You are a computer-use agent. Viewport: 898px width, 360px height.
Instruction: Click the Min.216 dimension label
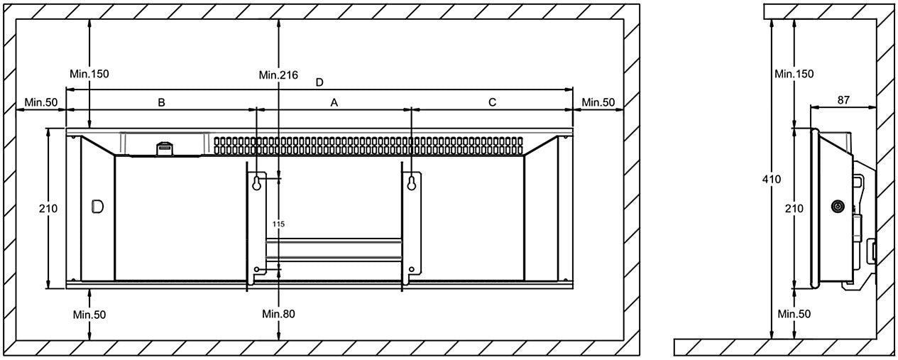pos(278,74)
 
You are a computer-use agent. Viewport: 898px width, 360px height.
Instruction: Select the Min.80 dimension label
pos(278,313)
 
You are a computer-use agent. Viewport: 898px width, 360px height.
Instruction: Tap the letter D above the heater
pos(319,82)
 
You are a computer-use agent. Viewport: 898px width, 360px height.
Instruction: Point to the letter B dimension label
pos(161,102)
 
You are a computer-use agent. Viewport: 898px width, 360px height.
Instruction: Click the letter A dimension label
pos(334,102)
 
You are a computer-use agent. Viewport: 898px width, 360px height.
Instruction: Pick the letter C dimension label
pos(493,102)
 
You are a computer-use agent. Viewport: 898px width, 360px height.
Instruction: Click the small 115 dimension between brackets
pos(278,224)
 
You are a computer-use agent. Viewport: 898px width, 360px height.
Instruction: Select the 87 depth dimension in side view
pos(843,100)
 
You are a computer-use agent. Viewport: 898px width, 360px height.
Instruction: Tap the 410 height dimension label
pos(772,179)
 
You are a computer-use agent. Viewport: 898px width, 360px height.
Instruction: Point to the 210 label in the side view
pos(794,208)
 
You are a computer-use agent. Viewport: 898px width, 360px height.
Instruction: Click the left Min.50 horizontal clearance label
pos(40,102)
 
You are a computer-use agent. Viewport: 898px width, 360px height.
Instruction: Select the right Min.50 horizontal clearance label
pos(598,102)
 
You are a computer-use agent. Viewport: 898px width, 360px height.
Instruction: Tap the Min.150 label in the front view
pos(89,73)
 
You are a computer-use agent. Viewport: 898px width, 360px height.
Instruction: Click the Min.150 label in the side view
pos(794,73)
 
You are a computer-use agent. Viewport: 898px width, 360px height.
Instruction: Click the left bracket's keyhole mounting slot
pos(257,183)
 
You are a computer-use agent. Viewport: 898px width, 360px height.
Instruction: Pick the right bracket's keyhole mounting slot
pos(411,183)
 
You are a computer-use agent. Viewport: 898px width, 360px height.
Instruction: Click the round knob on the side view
pos(838,207)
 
